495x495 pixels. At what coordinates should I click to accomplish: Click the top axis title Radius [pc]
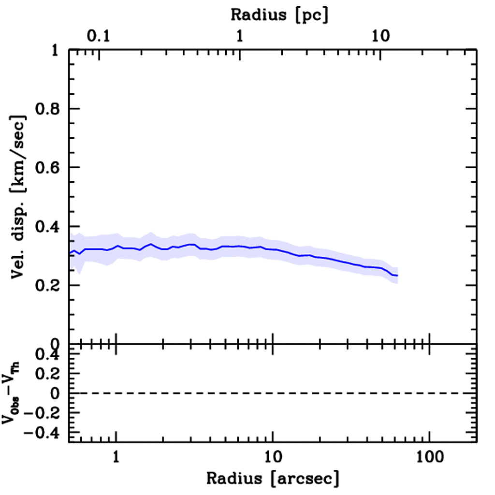[279, 15]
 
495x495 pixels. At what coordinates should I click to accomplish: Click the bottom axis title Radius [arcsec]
[273, 479]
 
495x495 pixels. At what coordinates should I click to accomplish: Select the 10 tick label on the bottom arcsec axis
[273, 456]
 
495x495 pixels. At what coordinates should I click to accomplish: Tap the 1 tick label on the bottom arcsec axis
[116, 456]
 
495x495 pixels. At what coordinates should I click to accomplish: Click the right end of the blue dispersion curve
[397, 276]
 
